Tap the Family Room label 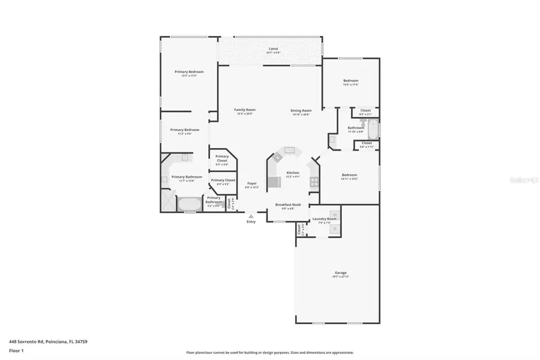point(245,110)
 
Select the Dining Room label point(301,110)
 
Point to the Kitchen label point(293,173)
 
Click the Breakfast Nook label point(288,205)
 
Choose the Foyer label point(252,184)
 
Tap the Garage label point(340,272)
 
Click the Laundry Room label point(325,219)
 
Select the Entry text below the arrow point(251,222)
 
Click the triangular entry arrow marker point(251,216)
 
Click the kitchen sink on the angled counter point(290,150)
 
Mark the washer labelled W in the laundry point(334,214)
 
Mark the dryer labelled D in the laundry point(334,229)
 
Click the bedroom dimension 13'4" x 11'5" point(350,85)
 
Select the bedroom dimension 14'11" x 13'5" point(349,179)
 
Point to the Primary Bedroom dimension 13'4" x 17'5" point(189,76)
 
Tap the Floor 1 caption point(16,350)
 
